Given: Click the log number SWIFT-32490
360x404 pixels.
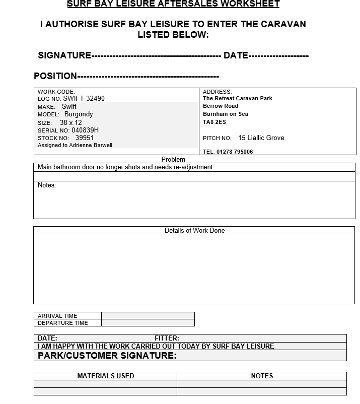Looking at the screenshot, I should [84, 99].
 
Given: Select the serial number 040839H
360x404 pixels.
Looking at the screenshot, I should [85, 130].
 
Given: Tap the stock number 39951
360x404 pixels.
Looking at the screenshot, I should [85, 138].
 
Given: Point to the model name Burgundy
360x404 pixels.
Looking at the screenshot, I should [79, 114].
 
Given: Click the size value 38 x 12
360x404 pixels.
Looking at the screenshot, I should [70, 122].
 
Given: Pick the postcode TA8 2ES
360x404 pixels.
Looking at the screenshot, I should [214, 122].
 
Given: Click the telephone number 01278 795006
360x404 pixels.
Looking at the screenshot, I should [235, 152].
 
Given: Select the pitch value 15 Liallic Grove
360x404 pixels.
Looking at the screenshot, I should [261, 138].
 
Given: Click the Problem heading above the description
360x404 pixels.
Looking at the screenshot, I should [173, 160].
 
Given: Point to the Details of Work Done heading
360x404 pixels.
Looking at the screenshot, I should [194, 231].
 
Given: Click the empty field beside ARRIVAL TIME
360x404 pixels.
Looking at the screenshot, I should [148, 316].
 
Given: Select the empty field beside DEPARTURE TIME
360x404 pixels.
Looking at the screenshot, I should [148, 323].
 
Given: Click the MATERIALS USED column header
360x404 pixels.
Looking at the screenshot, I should [105, 376].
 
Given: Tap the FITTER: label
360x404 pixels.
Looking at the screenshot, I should [167, 339].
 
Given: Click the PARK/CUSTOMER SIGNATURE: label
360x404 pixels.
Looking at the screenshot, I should [107, 356].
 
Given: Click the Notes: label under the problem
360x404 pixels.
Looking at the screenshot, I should [47, 185].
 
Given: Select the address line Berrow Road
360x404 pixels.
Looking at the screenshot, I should [221, 106].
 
